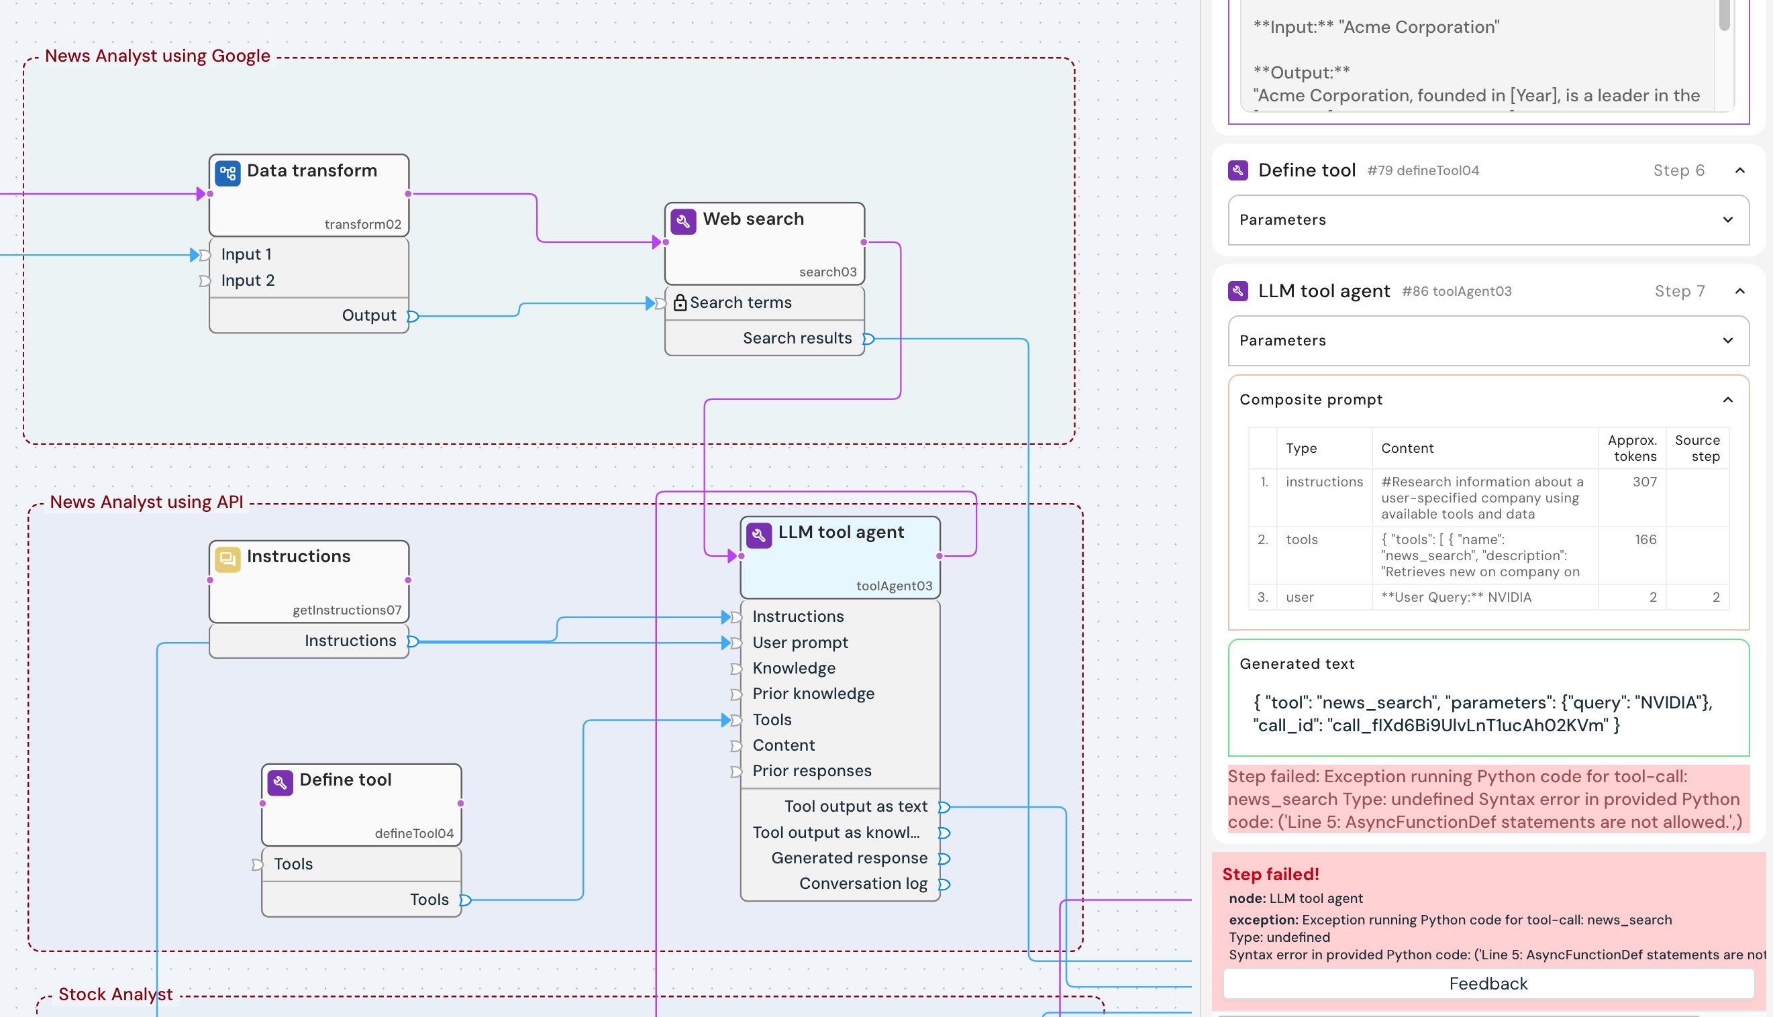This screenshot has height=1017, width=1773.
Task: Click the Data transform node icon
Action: pyautogui.click(x=227, y=173)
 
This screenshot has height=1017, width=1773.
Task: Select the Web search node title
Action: pyautogui.click(x=753, y=219)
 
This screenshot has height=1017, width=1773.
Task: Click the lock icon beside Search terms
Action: pyautogui.click(x=680, y=303)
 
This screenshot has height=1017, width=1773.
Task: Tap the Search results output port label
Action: pyautogui.click(x=797, y=339)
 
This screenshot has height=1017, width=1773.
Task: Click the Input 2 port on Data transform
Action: pyautogui.click(x=248, y=281)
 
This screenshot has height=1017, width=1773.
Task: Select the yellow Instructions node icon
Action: pyautogui.click(x=227, y=559)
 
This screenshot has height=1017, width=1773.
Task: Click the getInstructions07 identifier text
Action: pyautogui.click(x=346, y=610)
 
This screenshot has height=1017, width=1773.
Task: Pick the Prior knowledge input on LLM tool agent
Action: pyautogui.click(x=813, y=694)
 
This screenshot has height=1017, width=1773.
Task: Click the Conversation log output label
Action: pyautogui.click(x=863, y=884)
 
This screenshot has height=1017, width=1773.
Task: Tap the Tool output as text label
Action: pyautogui.click(x=855, y=807)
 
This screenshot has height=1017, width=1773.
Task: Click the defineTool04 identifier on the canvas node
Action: pyautogui.click(x=413, y=834)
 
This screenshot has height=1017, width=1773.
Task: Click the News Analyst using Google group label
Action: pyautogui.click(x=157, y=56)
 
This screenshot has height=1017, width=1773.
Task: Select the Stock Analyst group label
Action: pyautogui.click(x=115, y=995)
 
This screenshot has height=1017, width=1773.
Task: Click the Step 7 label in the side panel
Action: pyautogui.click(x=1680, y=291)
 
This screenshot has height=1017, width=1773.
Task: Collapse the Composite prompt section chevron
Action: pyautogui.click(x=1727, y=400)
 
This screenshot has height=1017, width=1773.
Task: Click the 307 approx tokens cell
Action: pyautogui.click(x=1643, y=482)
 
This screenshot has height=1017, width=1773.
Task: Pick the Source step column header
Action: pyautogui.click(x=1697, y=448)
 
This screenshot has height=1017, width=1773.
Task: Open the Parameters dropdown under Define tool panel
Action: pyautogui.click(x=1488, y=220)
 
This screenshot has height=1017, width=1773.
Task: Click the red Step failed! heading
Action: pyautogui.click(x=1270, y=875)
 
